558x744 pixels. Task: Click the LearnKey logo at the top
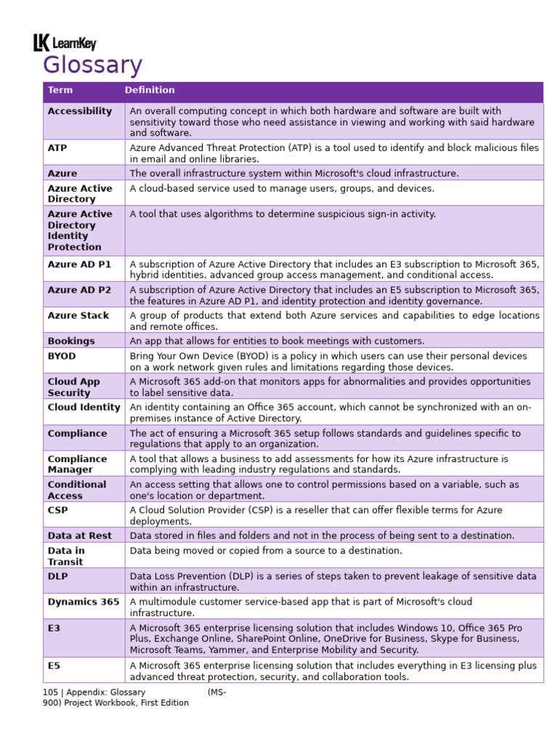[x=65, y=44]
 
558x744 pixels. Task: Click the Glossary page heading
[x=92, y=65]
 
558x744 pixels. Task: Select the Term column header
[x=60, y=90]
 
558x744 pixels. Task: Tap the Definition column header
[x=150, y=90]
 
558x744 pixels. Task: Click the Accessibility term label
[x=80, y=111]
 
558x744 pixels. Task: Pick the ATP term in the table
[x=57, y=147]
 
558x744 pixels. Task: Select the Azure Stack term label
[x=78, y=315]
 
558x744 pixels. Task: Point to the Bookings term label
[x=71, y=341]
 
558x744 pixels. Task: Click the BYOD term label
[x=62, y=356]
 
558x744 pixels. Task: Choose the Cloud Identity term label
[x=84, y=408]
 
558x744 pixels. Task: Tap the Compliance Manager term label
[x=77, y=464]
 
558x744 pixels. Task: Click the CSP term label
[x=57, y=510]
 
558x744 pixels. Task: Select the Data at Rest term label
[x=80, y=535]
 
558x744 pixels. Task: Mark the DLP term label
[x=57, y=576]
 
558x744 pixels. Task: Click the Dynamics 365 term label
[x=83, y=602]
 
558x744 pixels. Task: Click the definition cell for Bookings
[x=277, y=341]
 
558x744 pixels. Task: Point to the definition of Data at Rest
[x=322, y=535]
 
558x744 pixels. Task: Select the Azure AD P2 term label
[x=79, y=290]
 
